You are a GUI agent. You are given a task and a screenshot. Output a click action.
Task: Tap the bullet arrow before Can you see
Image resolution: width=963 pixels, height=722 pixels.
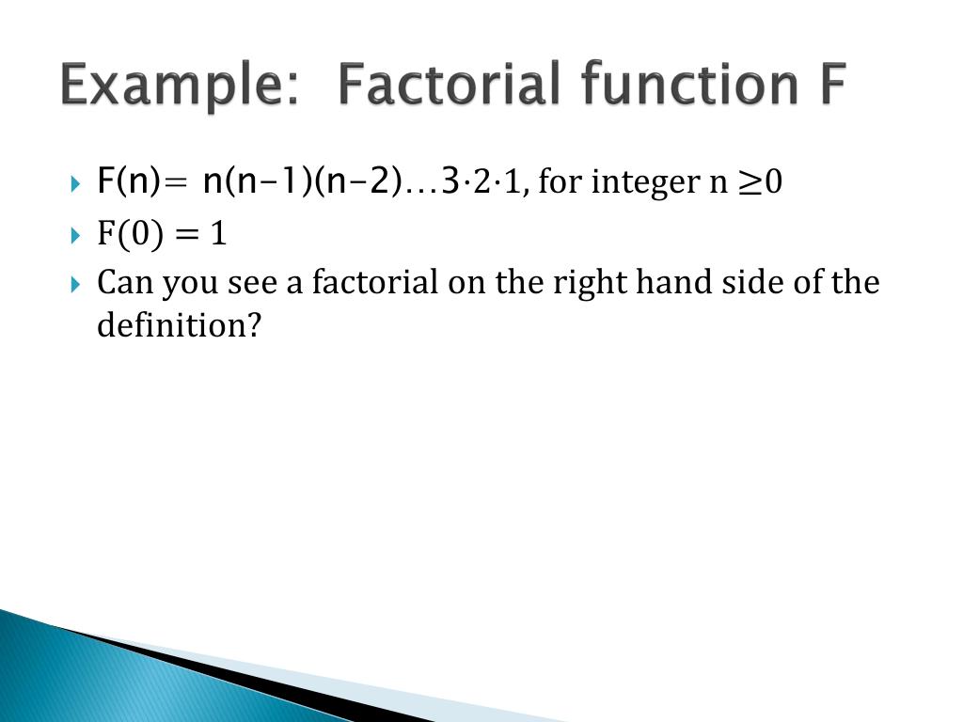click(x=76, y=283)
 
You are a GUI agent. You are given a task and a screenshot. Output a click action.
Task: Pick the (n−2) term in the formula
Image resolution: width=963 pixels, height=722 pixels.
click(x=358, y=180)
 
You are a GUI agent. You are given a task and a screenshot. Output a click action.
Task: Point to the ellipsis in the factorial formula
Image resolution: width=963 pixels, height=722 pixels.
click(x=421, y=184)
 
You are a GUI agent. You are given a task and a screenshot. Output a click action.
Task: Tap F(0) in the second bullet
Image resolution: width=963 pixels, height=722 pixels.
click(x=133, y=233)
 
